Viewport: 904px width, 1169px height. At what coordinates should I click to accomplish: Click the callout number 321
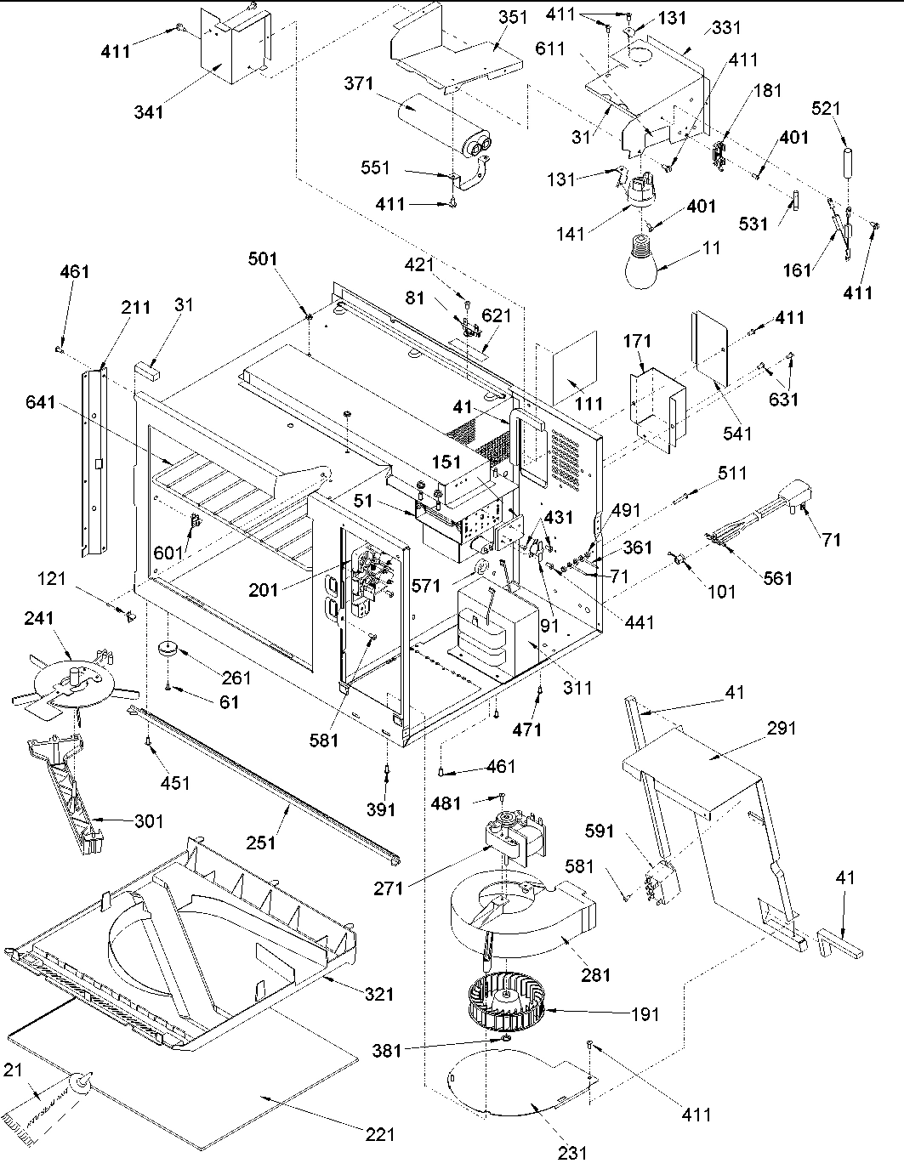click(x=375, y=993)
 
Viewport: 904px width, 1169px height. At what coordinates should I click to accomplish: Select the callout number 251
click(x=262, y=842)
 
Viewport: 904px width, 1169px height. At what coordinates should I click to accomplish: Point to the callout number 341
click(x=148, y=111)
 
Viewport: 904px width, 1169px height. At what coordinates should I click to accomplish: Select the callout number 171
click(x=638, y=342)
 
